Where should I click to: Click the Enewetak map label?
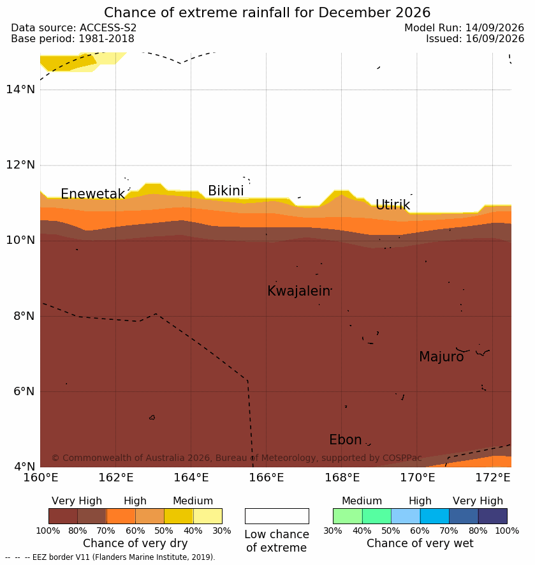(93, 194)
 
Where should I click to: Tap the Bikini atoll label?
(226, 191)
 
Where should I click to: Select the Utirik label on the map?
(393, 205)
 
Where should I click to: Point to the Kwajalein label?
(299, 290)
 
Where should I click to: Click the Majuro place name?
(441, 357)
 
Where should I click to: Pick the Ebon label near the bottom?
(346, 440)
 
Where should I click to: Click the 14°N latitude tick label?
(20, 89)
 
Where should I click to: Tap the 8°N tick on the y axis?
(24, 316)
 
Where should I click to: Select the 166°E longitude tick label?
(267, 478)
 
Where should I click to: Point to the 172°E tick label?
(493, 478)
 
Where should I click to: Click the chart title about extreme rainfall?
(267, 13)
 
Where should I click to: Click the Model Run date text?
(464, 27)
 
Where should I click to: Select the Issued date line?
(475, 38)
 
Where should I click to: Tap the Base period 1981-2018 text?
(73, 38)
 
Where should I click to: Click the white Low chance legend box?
(277, 516)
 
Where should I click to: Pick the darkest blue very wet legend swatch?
(492, 516)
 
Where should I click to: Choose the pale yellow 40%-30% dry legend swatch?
(208, 516)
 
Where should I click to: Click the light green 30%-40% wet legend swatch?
(348, 516)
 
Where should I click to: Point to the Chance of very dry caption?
(135, 543)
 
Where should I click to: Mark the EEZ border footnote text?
(110, 557)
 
